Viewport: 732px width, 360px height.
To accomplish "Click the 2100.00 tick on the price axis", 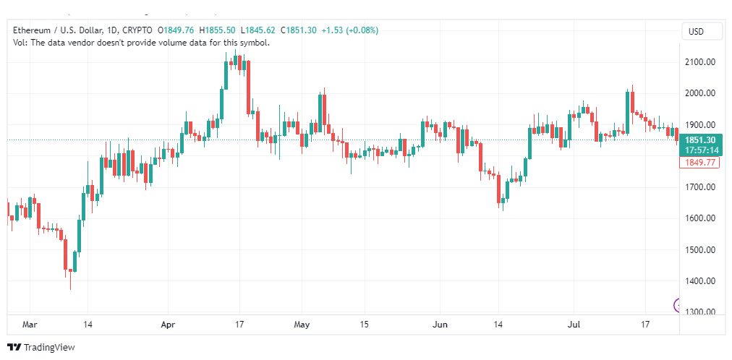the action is (x=699, y=62).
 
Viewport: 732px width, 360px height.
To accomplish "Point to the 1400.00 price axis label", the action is (x=699, y=281).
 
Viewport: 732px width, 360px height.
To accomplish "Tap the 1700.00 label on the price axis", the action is (x=699, y=187).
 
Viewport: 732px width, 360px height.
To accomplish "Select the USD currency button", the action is (x=696, y=32).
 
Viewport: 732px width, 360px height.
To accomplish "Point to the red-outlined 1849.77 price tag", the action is (x=699, y=162).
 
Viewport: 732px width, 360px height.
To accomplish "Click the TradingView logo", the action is (x=41, y=348).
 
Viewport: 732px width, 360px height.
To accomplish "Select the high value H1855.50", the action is (x=217, y=31).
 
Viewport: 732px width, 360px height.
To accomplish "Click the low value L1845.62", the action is (x=258, y=31).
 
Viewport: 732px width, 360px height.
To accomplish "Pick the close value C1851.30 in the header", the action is (x=298, y=31).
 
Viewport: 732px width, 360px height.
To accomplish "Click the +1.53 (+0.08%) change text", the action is (x=349, y=31).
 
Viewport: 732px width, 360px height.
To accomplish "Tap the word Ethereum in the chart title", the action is (x=32, y=31).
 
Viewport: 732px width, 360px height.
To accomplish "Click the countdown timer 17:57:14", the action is (x=701, y=150).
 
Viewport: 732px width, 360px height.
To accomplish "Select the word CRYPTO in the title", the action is (x=137, y=31).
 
